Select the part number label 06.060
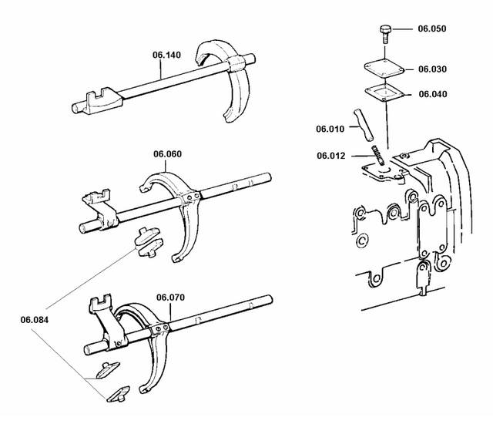coord(169,153)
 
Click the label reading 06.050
coord(432,29)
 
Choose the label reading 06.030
coord(432,69)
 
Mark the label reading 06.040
coord(432,94)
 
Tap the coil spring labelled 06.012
coord(377,153)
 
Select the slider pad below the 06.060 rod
coord(146,241)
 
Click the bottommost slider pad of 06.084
coord(119,394)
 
